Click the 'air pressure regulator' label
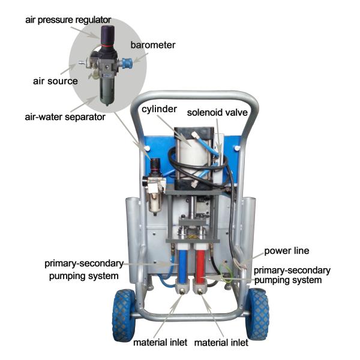click(x=68, y=20)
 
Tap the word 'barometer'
click(x=153, y=45)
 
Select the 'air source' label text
click(x=55, y=81)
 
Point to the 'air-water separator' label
click(x=65, y=117)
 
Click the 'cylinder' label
click(x=159, y=109)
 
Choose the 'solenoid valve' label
click(x=217, y=113)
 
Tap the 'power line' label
click(x=287, y=251)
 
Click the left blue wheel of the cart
click(x=124, y=315)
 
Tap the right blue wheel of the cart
click(x=257, y=314)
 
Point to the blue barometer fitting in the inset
click(x=127, y=63)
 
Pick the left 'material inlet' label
click(x=160, y=343)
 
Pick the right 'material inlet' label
click(x=221, y=343)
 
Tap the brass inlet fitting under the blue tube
click(x=182, y=292)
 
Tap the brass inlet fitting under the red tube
click(x=200, y=292)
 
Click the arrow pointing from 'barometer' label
click(x=140, y=58)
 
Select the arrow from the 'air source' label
click(x=68, y=69)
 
